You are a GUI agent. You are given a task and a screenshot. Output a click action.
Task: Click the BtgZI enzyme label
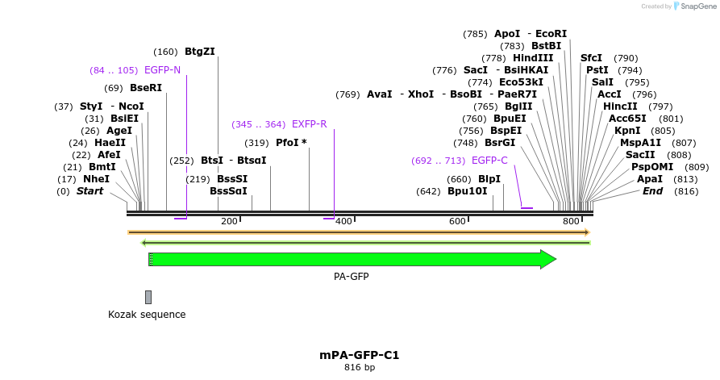pos(199,52)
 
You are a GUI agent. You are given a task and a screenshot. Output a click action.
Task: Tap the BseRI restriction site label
pos(145,88)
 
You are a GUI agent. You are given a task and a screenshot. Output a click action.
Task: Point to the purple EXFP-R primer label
pos(309,124)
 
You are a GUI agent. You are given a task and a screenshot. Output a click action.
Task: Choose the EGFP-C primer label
pos(489,161)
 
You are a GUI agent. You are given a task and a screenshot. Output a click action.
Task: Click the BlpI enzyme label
pos(489,179)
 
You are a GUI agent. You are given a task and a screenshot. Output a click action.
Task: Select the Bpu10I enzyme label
pos(467,191)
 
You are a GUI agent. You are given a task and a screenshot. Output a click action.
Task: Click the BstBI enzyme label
pos(546,46)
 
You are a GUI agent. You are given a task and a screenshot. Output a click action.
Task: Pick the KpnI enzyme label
pos(626,131)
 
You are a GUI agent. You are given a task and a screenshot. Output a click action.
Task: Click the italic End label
pos(652,191)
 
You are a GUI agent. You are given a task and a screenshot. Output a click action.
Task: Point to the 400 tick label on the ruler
pos(343,221)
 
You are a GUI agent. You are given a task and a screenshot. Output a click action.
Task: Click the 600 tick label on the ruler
pos(457,221)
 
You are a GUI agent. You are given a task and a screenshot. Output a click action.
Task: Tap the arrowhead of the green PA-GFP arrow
pos(548,259)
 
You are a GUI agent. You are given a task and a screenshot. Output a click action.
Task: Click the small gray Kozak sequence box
pos(148,297)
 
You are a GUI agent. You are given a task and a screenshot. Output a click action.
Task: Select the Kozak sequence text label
pos(147,315)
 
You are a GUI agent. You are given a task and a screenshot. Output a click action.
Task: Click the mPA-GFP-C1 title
pos(360,355)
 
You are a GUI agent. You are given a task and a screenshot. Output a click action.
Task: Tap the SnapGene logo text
pos(698,6)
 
